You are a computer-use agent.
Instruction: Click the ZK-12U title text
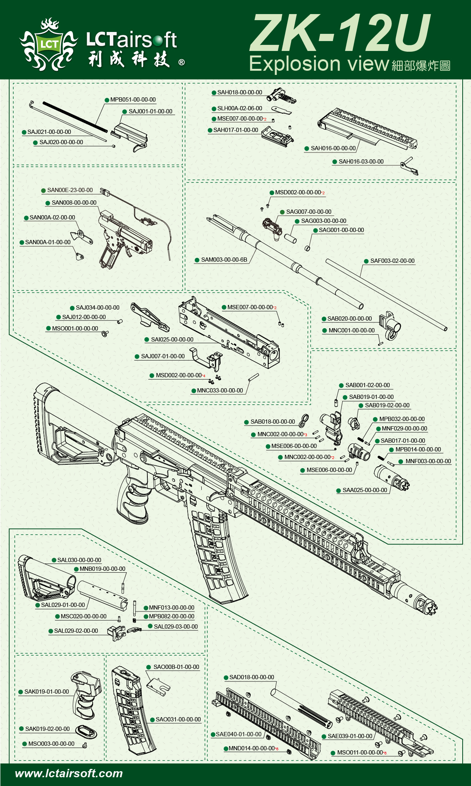pos(340,33)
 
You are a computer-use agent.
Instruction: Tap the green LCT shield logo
pos(49,44)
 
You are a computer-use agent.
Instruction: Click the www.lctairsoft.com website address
pos(69,773)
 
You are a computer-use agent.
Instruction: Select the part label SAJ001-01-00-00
pos(150,111)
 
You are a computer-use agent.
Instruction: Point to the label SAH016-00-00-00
pos(333,148)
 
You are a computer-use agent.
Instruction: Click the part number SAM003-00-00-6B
pos(224,260)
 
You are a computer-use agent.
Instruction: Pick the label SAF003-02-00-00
pos(392,261)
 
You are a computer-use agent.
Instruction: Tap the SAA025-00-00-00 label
pos(365,490)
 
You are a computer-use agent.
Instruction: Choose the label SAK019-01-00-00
pos(47,692)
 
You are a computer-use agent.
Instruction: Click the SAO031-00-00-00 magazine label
pos(178,719)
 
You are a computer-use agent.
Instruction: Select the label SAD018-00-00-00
pos(251,677)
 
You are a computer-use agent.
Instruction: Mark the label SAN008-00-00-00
pos(74,203)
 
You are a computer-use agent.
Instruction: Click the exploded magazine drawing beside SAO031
pos(131,711)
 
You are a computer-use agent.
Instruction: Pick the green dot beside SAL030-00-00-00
pos(54,561)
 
